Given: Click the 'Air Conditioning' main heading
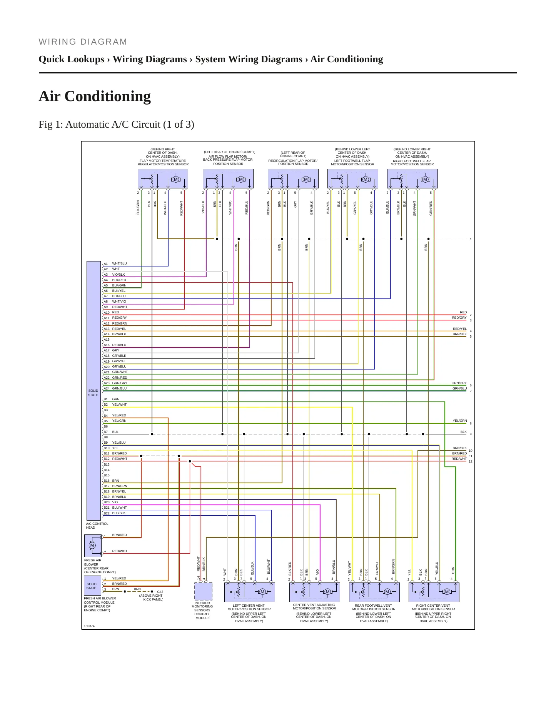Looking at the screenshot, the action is click(x=95, y=97).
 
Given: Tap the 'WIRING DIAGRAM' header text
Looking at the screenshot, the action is click(x=83, y=42).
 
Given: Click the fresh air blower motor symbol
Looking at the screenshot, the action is click(x=92, y=545).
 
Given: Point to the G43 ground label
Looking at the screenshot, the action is click(x=160, y=592).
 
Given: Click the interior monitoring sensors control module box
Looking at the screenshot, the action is click(x=203, y=591).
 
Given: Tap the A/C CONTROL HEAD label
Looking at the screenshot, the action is click(x=97, y=526).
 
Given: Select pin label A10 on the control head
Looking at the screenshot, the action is click(x=107, y=313).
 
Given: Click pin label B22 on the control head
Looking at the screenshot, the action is click(x=107, y=513).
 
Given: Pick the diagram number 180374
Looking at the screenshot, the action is click(x=89, y=626).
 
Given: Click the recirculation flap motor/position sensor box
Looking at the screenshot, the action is click(x=293, y=179).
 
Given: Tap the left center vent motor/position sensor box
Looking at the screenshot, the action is click(x=250, y=592).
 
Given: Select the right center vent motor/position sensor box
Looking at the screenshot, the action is click(x=434, y=592).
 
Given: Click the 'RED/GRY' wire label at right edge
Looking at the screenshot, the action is click(x=459, y=318).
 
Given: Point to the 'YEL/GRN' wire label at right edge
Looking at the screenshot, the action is click(x=460, y=421).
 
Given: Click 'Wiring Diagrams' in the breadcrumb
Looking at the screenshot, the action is click(x=150, y=59).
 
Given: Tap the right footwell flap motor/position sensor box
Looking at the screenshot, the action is click(x=412, y=179).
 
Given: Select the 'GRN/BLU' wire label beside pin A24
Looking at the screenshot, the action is click(x=119, y=388).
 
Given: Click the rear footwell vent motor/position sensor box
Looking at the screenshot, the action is click(x=374, y=592).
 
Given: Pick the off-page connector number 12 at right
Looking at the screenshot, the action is click(x=471, y=461).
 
